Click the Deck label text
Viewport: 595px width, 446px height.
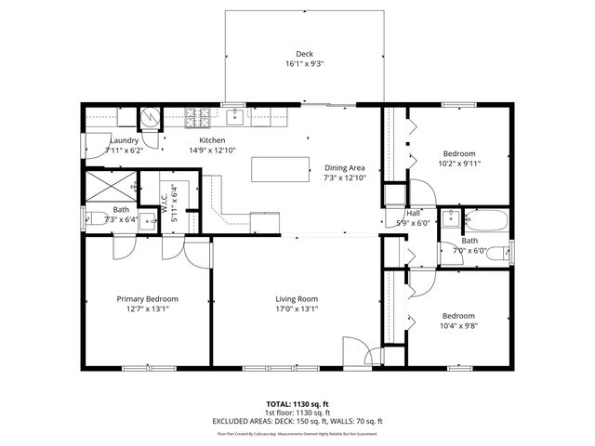point(304,54)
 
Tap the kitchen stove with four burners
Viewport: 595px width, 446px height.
point(198,117)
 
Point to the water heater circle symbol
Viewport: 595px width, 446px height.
point(150,118)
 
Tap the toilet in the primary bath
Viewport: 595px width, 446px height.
point(97,219)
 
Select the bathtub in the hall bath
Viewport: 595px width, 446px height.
point(485,221)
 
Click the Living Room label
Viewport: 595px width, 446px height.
point(297,299)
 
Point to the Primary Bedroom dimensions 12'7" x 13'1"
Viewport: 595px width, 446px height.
point(148,309)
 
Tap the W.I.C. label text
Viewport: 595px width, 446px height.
point(164,197)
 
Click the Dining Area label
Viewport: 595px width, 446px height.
point(345,166)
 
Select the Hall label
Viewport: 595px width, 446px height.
point(414,213)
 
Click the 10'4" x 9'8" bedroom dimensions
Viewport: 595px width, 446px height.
point(458,326)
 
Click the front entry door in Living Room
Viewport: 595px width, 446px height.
point(354,352)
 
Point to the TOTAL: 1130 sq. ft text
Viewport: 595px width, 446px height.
point(297,404)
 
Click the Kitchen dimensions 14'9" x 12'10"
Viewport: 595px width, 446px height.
point(212,150)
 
